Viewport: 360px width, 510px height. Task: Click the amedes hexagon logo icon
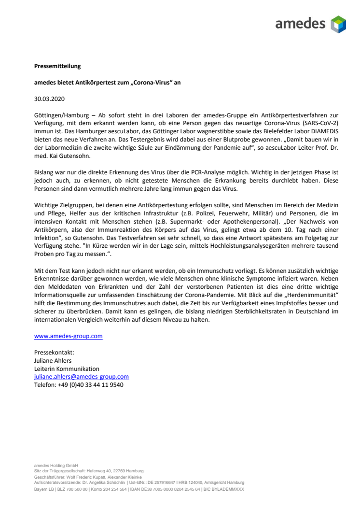[x=338, y=24]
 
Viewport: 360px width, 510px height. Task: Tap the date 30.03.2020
[x=49, y=99]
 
